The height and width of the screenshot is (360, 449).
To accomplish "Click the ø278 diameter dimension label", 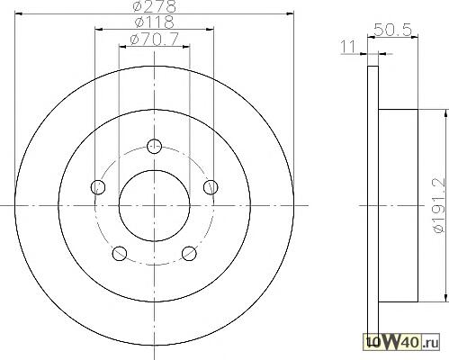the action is pos(154,6).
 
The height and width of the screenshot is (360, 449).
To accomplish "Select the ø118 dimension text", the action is pos(154,22).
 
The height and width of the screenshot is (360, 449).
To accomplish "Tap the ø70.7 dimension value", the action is pos(155,39).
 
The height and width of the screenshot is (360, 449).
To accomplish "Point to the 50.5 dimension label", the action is pos(392,30).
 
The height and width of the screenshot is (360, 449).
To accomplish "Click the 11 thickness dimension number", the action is pos(348,47).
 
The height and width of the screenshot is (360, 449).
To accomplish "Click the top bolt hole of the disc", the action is pos(155,147).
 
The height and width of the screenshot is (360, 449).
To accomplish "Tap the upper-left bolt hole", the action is pos(98,187).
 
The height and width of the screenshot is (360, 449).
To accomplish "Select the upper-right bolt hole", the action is pos(211,187).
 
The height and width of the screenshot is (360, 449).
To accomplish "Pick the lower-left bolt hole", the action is pos(120,254).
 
